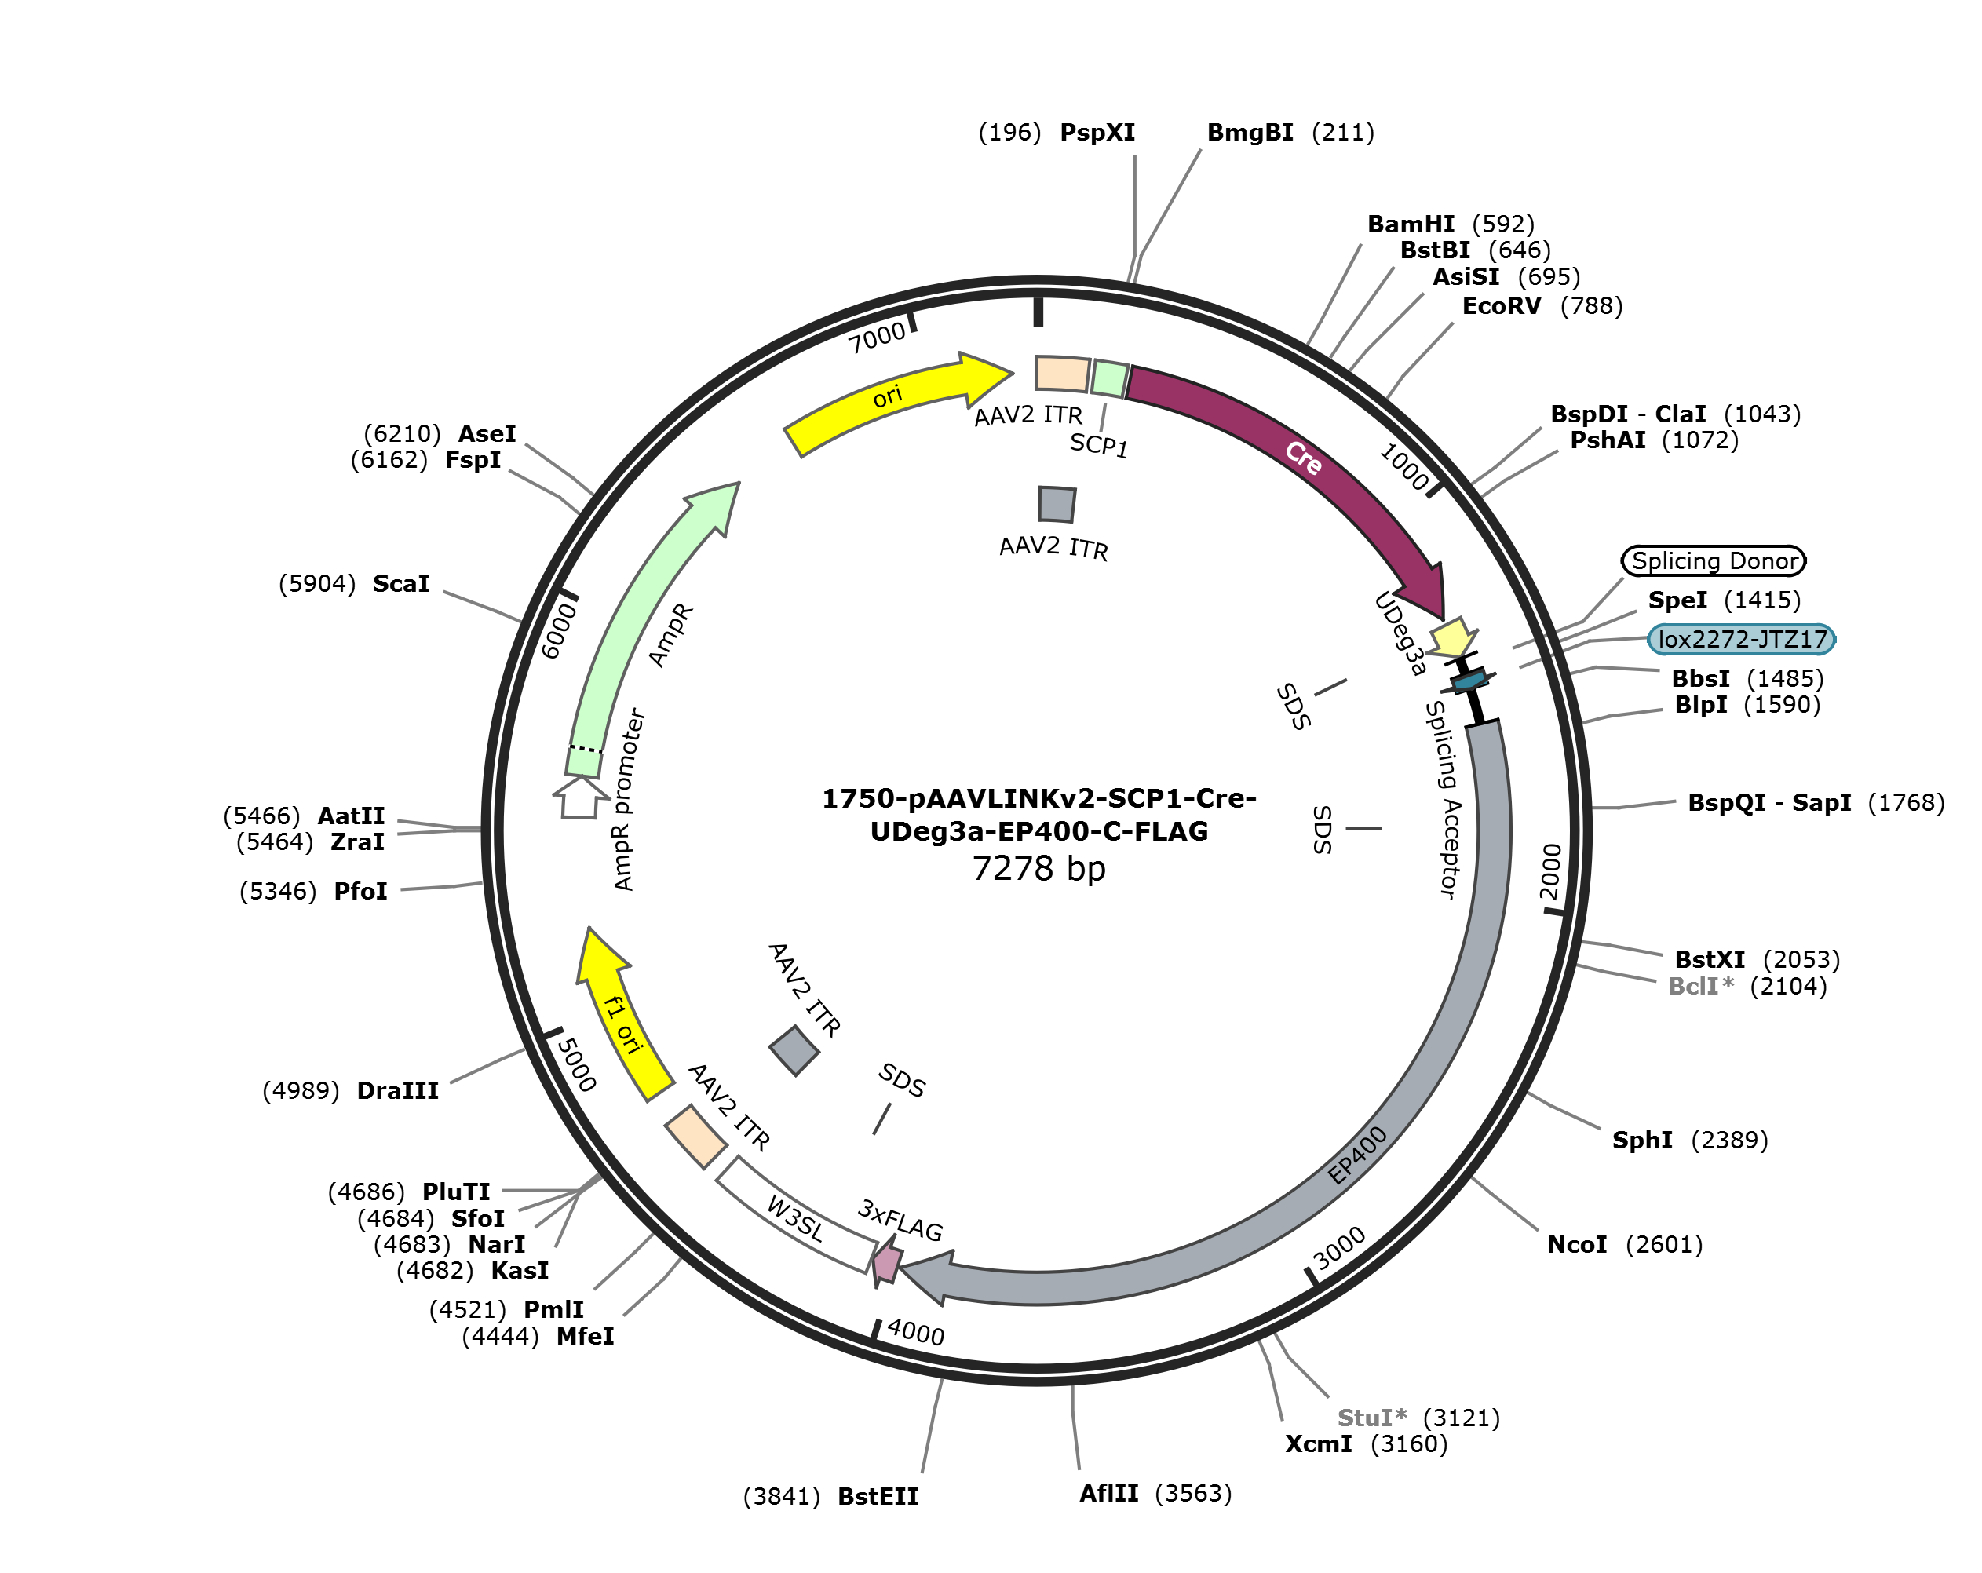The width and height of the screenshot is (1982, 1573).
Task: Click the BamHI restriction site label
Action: (1411, 224)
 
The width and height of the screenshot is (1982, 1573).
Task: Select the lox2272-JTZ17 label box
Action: (1741, 639)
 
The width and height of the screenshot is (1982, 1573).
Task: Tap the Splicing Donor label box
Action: (1714, 560)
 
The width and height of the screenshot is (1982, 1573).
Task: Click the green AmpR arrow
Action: (644, 625)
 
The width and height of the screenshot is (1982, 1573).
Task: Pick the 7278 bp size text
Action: (1038, 868)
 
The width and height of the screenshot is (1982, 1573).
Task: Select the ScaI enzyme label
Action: (401, 584)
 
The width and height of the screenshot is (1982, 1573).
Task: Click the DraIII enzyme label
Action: (397, 1090)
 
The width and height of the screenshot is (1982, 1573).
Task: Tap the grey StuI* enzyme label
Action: (1371, 1418)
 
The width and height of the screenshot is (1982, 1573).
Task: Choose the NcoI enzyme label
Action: (1578, 1245)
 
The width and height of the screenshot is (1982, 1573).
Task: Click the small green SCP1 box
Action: (1110, 379)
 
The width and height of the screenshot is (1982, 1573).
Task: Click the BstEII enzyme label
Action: (878, 1497)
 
